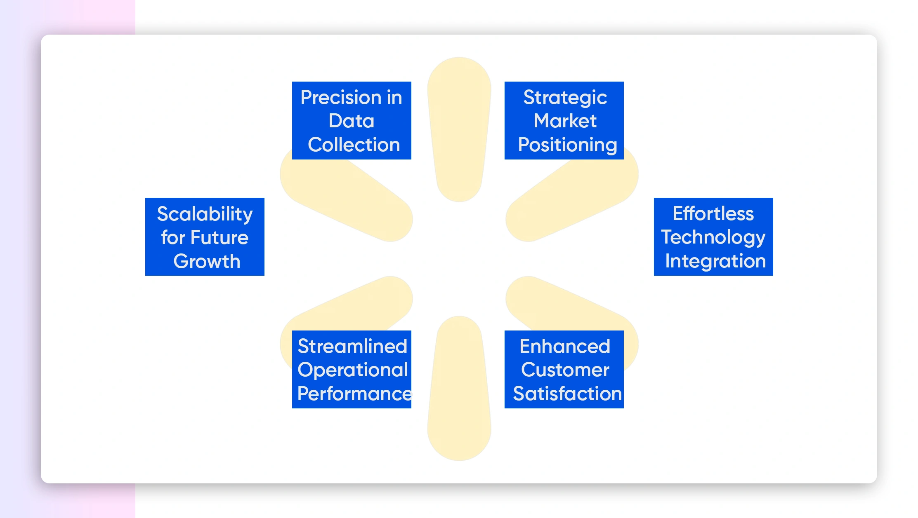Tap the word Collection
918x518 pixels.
tap(354, 145)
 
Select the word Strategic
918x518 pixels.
tap(565, 98)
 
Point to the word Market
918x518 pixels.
tap(565, 121)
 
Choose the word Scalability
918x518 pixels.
tap(205, 214)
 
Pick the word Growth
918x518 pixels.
tap(207, 261)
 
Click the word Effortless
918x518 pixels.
tap(713, 213)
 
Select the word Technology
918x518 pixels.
tap(713, 238)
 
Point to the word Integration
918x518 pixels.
tap(715, 262)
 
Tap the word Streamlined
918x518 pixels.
tap(352, 346)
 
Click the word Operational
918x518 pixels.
tap(353, 370)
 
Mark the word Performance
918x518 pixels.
tap(354, 394)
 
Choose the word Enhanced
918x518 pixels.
tap(565, 346)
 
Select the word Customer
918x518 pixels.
tap(565, 370)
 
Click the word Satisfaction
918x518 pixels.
tap(567, 394)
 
